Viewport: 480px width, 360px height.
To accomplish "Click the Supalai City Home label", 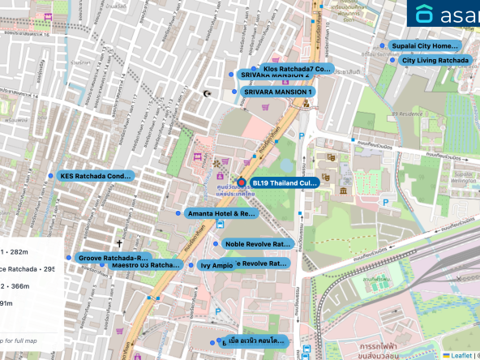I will tap(423, 46).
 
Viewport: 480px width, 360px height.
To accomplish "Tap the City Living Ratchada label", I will tap(435, 60).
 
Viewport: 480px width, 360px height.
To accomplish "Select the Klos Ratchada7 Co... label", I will tap(298, 70).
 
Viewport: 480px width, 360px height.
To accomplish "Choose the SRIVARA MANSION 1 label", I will tap(277, 92).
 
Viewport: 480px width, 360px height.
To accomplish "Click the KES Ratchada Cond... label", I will tap(95, 175).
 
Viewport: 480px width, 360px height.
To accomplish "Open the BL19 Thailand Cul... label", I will tap(284, 183).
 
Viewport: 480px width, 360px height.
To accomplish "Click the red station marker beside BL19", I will tap(241, 182).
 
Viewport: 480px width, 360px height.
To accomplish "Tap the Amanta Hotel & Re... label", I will tap(221, 213).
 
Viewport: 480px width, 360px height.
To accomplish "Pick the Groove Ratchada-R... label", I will tap(114, 257).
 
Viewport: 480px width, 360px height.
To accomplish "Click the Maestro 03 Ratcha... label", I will tap(144, 265).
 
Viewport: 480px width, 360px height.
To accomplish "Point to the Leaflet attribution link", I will tap(461, 355).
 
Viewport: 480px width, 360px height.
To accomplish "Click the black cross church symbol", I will tap(119, 243).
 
